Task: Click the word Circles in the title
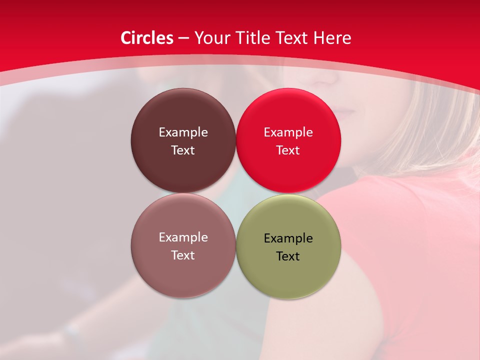[x=146, y=38]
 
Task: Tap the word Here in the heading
[x=332, y=38]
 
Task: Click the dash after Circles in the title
[x=183, y=38]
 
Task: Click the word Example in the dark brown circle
[x=183, y=132]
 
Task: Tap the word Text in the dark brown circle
[x=183, y=150]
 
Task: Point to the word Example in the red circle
[x=288, y=132]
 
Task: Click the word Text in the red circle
[x=288, y=150]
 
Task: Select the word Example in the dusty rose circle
[x=183, y=237]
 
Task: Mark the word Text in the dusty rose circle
[x=183, y=255]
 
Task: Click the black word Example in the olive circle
[x=288, y=238]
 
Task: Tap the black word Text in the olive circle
[x=288, y=256]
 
